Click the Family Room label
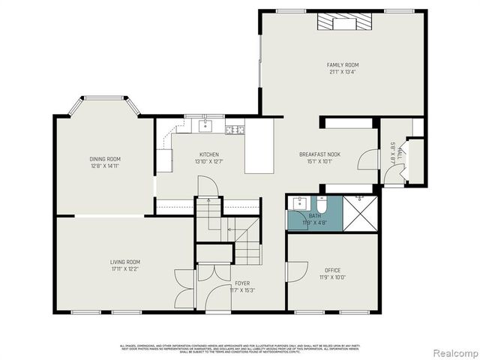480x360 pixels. click(342, 65)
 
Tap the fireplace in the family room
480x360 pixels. click(343, 22)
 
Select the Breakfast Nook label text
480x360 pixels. click(319, 154)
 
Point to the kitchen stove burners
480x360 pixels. click(235, 129)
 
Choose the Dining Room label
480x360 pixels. click(105, 159)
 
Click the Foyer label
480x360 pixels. click(241, 283)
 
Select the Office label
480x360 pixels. click(332, 270)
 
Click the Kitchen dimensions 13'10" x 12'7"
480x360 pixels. click(208, 160)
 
